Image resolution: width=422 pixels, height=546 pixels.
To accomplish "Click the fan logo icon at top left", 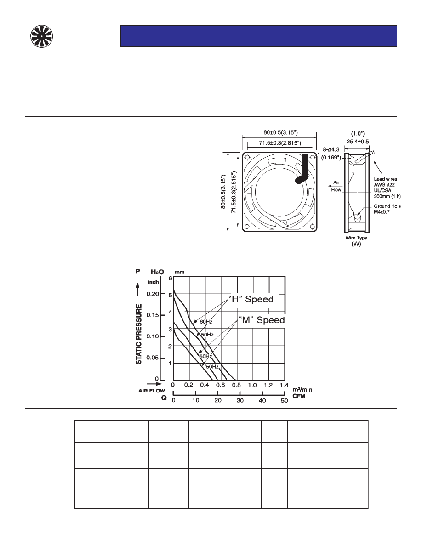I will pos(42,36).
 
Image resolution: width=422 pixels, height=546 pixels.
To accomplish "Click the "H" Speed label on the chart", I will pos(251,299).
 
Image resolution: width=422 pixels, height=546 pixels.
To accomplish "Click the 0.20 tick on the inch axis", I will pos(153,294).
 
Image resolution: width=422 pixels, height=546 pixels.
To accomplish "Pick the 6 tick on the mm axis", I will pos(170,279).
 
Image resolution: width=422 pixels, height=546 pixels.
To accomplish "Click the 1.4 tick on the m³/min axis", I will pos(284,384).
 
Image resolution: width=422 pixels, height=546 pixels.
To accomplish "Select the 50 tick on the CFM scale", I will pos(284,401).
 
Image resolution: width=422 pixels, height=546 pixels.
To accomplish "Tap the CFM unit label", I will pos(299,395).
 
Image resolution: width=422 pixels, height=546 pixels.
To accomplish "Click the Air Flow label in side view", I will pos(336,185).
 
